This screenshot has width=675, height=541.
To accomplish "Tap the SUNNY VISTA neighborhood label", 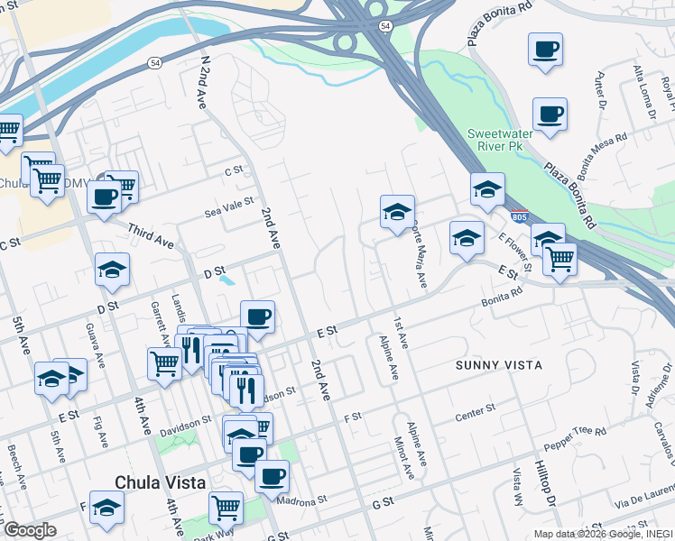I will point(499,365).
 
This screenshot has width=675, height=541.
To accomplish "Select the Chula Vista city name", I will point(161,482).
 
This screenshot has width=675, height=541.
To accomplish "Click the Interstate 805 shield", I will point(519,217).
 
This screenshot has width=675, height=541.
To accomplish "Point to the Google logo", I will point(30,530).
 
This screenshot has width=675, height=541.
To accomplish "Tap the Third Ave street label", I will point(151,236).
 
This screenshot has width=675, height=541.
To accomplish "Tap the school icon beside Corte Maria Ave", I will point(397,213).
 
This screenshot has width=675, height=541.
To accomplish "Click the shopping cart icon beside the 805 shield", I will point(559,260).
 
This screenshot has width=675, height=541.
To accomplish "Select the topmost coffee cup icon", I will point(546,50).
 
